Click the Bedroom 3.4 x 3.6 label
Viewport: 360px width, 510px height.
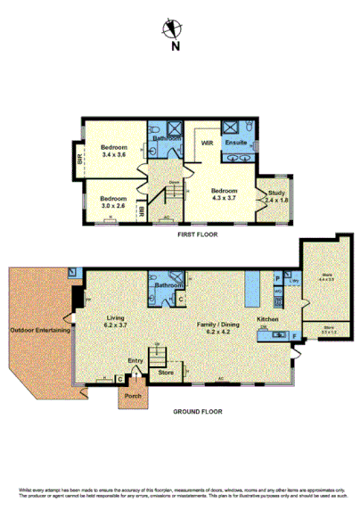(x=114, y=151)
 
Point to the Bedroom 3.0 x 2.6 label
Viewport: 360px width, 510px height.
(x=113, y=202)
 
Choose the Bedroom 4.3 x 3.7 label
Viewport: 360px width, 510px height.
(x=224, y=194)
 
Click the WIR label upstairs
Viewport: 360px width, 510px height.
(x=206, y=143)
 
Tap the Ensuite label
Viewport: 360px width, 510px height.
(x=236, y=143)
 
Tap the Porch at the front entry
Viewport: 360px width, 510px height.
(x=133, y=395)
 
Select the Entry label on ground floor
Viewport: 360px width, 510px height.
(x=135, y=360)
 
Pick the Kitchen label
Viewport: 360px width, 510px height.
(x=269, y=319)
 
